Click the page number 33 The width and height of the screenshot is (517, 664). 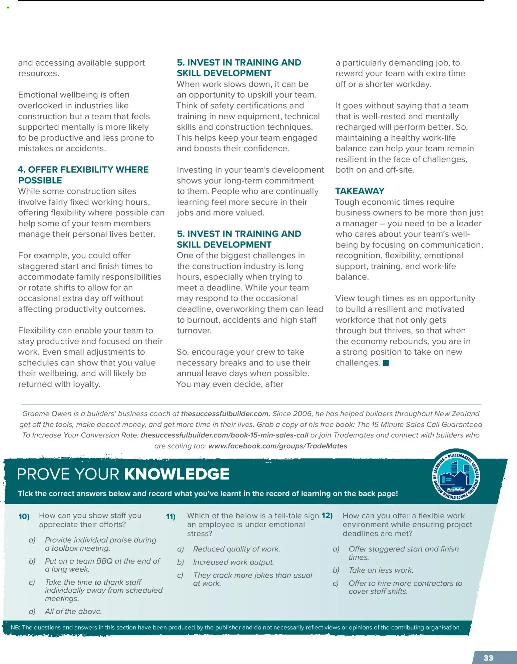click(x=488, y=658)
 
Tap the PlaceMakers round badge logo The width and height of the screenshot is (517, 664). click(x=456, y=475)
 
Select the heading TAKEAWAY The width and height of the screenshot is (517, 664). click(x=360, y=191)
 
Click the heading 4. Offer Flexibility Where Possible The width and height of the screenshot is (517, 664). click(x=83, y=175)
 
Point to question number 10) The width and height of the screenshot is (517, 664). click(x=24, y=516)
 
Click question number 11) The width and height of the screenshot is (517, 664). click(x=171, y=516)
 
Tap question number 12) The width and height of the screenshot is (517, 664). click(x=327, y=515)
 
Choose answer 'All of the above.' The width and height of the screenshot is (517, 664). click(x=73, y=611)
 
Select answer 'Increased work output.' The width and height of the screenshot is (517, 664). click(x=233, y=562)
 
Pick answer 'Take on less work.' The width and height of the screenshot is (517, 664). click(x=381, y=570)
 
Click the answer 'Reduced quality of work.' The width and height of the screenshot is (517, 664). click(x=236, y=549)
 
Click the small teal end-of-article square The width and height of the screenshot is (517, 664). click(x=386, y=363)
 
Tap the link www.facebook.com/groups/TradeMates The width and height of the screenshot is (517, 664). click(x=278, y=446)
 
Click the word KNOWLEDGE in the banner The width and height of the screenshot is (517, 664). click(x=177, y=474)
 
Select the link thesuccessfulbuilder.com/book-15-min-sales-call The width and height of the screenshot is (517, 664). click(x=224, y=435)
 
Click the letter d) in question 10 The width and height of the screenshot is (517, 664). click(x=32, y=611)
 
